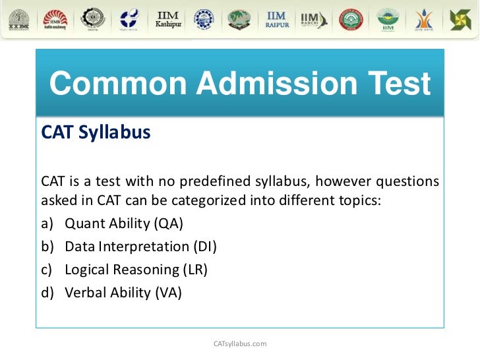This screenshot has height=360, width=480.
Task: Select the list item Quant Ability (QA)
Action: coord(124,224)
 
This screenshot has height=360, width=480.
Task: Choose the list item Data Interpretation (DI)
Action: coord(140,247)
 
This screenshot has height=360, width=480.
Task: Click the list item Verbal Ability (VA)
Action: coord(123,292)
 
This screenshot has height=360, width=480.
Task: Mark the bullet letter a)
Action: coord(47,224)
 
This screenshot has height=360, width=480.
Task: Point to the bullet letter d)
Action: coord(47,292)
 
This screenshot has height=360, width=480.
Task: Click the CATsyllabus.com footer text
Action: coord(241,344)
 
